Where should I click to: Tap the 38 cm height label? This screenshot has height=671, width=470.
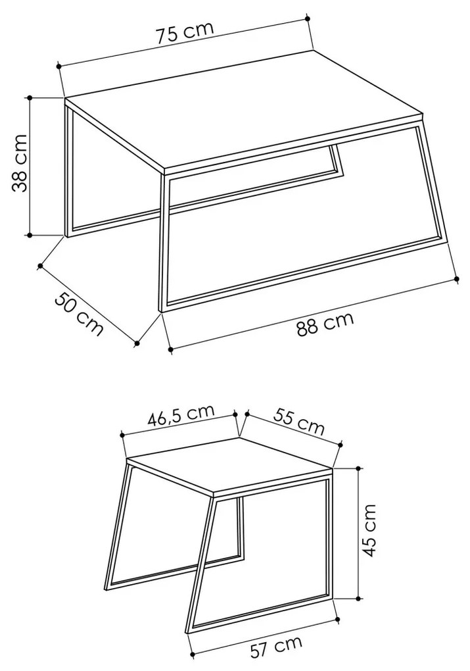(19, 163)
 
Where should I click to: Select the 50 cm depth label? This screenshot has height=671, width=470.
(79, 314)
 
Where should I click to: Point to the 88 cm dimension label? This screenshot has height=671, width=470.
(325, 324)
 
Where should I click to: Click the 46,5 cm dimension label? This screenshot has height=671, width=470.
(181, 415)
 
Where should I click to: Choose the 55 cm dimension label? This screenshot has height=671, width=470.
(299, 421)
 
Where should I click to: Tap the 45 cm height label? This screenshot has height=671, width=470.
(368, 530)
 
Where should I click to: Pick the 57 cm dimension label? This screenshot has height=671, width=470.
(276, 647)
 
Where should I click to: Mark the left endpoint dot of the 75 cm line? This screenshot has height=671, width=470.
(58, 66)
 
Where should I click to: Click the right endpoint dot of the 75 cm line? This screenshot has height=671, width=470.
(308, 18)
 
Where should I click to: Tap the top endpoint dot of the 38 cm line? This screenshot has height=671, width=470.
(30, 97)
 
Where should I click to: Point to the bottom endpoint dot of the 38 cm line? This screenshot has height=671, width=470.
(30, 235)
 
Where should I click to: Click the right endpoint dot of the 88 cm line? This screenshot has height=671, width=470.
(457, 279)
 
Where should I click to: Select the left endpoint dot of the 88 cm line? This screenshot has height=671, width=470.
(171, 349)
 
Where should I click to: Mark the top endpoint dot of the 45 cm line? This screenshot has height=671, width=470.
(358, 468)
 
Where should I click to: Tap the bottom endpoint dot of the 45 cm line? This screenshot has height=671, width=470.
(358, 598)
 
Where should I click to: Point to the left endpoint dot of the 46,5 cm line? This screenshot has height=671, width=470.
(122, 435)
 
